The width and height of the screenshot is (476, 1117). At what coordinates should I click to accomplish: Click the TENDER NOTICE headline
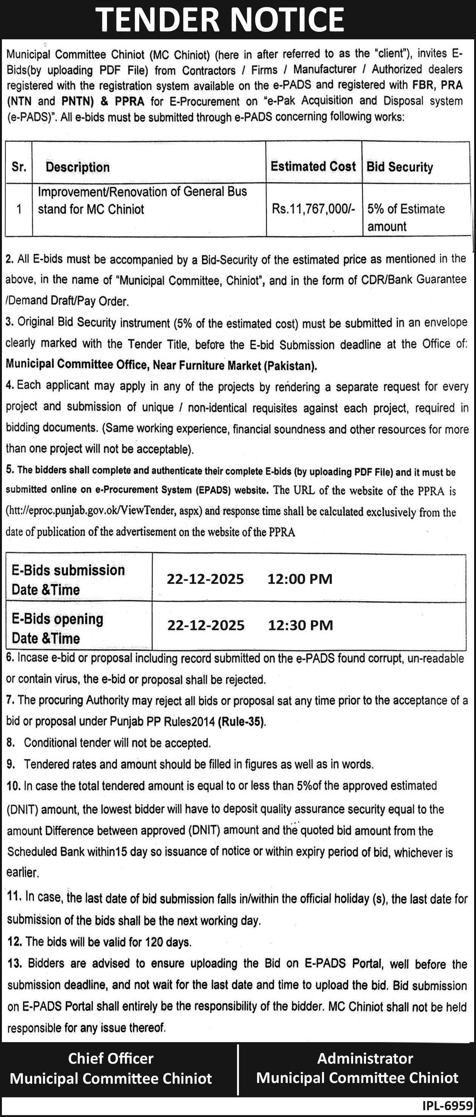pyautogui.click(x=220, y=20)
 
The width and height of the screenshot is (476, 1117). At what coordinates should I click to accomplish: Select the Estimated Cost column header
pyautogui.click(x=313, y=166)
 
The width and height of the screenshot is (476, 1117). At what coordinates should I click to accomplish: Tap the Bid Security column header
pyautogui.click(x=400, y=167)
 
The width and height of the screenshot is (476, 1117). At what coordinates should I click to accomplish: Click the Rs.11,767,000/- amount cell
pyautogui.click(x=313, y=209)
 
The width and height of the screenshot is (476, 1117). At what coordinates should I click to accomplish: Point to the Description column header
pyautogui.click(x=78, y=167)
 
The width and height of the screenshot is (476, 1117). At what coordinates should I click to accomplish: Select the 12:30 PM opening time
pyautogui.click(x=301, y=625)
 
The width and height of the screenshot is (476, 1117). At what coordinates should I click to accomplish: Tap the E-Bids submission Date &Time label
pyautogui.click(x=68, y=580)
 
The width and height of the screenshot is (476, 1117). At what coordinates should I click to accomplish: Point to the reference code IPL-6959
pyautogui.click(x=447, y=1105)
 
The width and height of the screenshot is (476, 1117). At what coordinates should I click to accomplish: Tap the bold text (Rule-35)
pyautogui.click(x=242, y=722)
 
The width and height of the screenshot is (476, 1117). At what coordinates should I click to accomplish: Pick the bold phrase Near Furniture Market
pyautogui.click(x=207, y=365)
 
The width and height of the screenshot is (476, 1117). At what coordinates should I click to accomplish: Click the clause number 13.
pyautogui.click(x=15, y=963)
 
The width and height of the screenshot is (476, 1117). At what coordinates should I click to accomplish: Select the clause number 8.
pyautogui.click(x=11, y=743)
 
